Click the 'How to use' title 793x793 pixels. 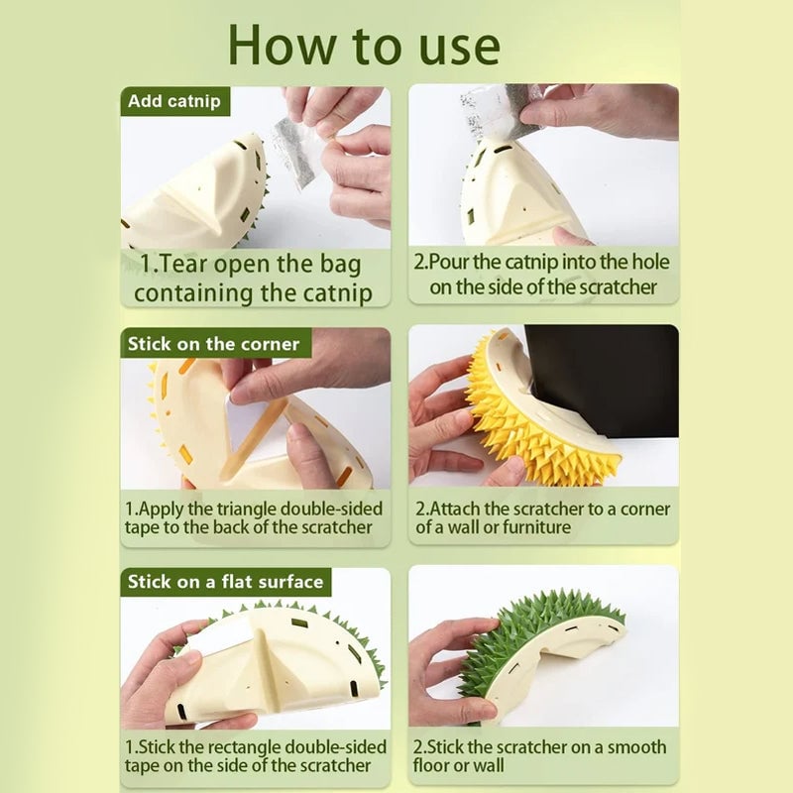tap(364, 45)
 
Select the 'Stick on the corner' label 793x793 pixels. tap(213, 344)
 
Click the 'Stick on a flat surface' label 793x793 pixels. tap(225, 582)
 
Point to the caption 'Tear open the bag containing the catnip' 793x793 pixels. tap(254, 279)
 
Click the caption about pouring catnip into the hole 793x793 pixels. tap(542, 275)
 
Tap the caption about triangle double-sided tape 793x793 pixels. tap(254, 517)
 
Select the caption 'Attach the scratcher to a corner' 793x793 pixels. tap(542, 517)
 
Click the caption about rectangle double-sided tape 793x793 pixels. tap(254, 755)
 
